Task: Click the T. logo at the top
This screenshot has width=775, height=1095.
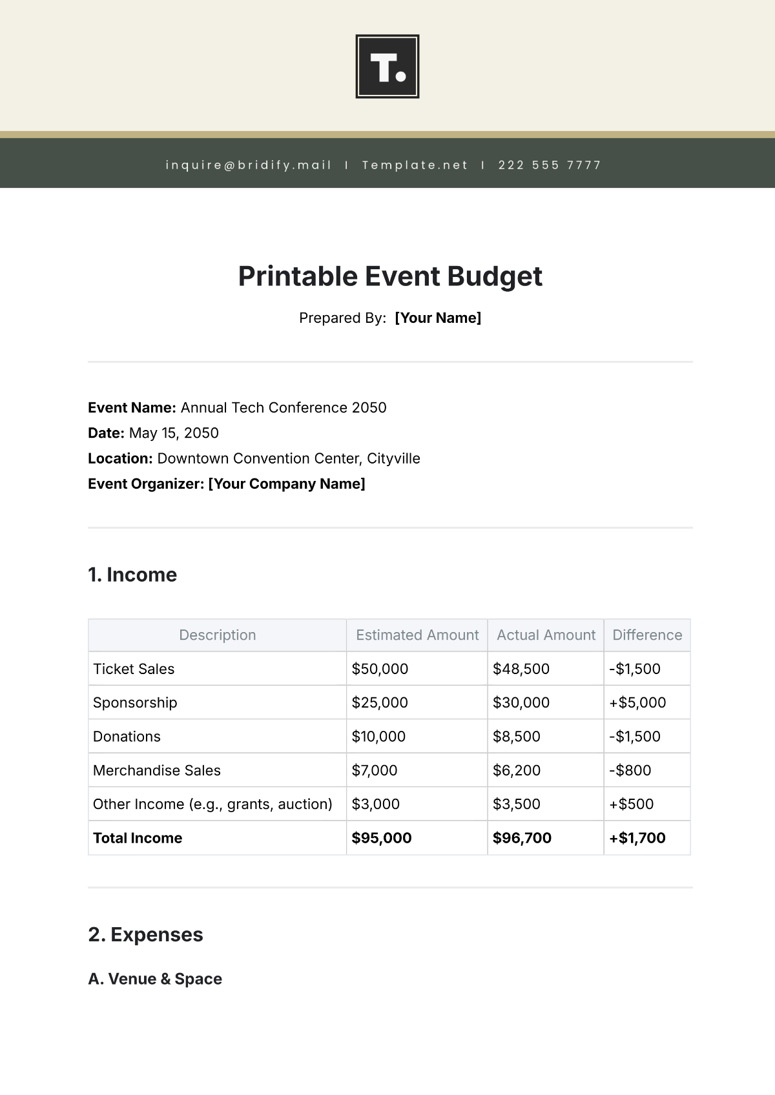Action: tap(387, 67)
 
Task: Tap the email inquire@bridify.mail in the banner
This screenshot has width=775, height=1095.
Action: tap(249, 165)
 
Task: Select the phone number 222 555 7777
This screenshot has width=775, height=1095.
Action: tap(550, 165)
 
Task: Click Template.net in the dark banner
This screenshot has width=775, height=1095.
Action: tap(415, 165)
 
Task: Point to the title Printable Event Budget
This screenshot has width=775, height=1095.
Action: tap(390, 276)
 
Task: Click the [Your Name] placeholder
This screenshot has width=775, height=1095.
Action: tap(438, 318)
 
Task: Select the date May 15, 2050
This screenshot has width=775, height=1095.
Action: tap(174, 433)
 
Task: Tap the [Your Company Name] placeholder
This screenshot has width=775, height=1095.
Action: tap(287, 484)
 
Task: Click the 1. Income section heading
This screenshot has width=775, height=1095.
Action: tap(132, 575)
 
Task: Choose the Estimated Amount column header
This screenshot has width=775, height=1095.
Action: tap(417, 635)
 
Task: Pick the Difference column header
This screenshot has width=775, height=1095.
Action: tap(647, 635)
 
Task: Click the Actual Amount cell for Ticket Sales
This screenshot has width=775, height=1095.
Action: tap(521, 669)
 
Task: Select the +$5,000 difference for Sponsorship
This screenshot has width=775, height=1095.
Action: tap(637, 702)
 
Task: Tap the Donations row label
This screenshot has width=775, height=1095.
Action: tap(127, 737)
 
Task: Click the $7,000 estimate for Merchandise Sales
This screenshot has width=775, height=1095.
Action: tap(375, 770)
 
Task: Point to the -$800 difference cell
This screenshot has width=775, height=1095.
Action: tap(630, 770)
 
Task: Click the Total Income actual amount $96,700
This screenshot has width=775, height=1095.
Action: tap(522, 838)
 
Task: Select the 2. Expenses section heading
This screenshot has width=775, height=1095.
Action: tap(145, 935)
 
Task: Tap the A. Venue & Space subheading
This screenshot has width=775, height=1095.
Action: tap(155, 979)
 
